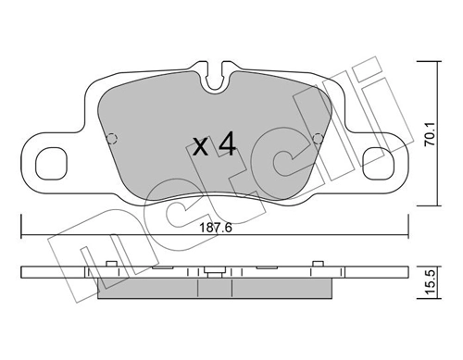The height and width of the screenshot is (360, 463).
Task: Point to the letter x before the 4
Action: click(x=199, y=146)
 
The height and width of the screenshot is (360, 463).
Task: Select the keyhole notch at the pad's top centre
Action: click(x=217, y=77)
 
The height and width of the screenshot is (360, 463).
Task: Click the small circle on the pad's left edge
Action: click(x=112, y=141)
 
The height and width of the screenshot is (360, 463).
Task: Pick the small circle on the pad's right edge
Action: click(x=320, y=141)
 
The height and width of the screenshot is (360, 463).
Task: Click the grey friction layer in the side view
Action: click(x=216, y=291)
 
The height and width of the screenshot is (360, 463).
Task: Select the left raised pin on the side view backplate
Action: click(x=111, y=266)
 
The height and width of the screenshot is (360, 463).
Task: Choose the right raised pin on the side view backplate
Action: click(x=321, y=266)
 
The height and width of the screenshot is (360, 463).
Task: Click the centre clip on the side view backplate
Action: click(x=217, y=273)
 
